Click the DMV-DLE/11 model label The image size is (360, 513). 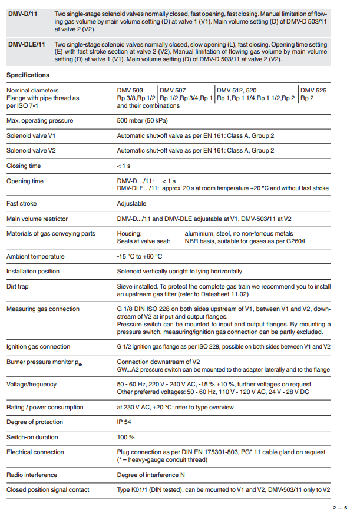click(26, 44)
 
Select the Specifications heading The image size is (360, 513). click(28, 75)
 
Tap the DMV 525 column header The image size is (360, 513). click(314, 90)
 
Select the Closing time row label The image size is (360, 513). click(24, 166)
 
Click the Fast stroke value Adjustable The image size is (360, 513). click(131, 204)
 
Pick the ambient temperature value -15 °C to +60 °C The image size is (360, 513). click(140, 257)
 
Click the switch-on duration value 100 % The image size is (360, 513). click(126, 437)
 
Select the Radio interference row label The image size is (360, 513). click(32, 475)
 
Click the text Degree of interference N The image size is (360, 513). click(151, 475)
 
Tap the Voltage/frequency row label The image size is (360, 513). click(32, 385)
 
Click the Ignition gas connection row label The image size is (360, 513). click(38, 347)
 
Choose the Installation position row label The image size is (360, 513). click(33, 272)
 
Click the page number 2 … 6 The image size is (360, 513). click(340, 507)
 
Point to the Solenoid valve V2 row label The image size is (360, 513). click(31, 151)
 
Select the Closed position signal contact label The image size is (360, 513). click(48, 490)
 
